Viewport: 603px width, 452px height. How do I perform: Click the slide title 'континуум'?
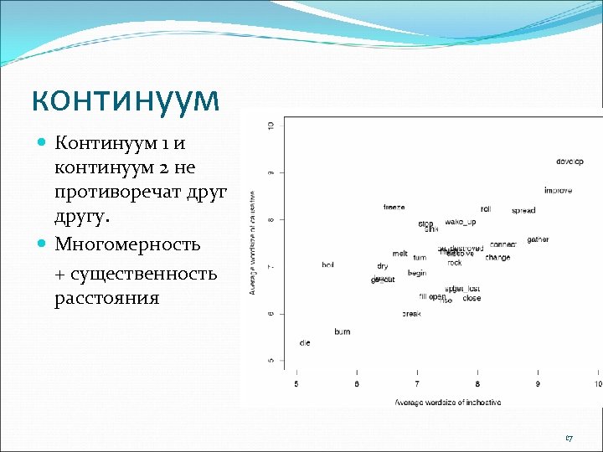pos(126,99)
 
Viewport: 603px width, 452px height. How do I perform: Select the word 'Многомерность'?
pos(127,244)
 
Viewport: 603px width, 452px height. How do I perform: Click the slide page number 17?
pos(569,439)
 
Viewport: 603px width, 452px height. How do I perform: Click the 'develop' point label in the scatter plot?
pos(569,161)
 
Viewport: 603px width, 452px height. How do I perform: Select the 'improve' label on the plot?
pos(558,191)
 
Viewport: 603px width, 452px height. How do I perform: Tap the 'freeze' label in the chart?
pos(394,207)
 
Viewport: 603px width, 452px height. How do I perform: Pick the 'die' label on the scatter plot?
pos(304,343)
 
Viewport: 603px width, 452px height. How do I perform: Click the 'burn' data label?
pos(342,331)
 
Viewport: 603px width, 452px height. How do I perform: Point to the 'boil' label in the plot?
pos(327,265)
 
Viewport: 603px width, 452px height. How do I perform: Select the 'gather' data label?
pos(538,239)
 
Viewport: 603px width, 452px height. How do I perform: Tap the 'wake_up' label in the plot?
pos(460,222)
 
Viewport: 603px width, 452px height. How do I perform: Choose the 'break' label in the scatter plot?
pos(411,314)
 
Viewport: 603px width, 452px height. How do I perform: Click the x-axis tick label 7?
pos(417,384)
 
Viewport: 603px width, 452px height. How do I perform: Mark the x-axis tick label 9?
pos(538,384)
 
